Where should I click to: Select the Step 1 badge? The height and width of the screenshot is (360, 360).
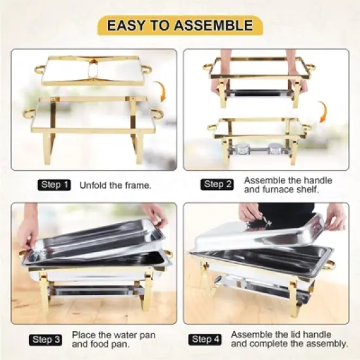point(54,185)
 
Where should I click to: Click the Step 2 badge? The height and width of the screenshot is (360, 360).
point(217,185)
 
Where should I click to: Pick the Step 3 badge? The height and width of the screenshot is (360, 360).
point(48,340)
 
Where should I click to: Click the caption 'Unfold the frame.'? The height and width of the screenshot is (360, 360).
point(115,185)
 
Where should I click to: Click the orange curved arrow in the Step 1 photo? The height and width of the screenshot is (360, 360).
point(160,91)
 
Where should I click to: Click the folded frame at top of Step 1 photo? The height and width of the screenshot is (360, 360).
point(93,69)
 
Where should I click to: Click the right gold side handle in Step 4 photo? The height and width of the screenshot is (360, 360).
point(331,264)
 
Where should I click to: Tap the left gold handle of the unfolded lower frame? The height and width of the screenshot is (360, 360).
point(29,114)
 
